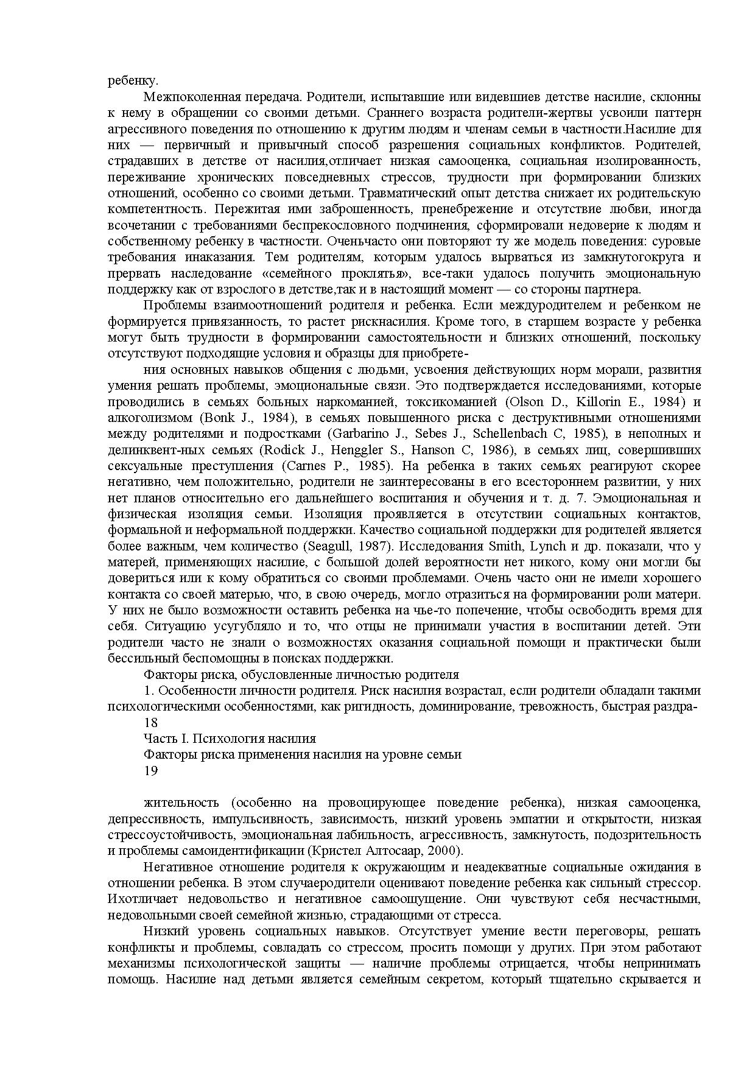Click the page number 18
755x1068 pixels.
[150, 723]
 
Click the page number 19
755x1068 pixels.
[150, 771]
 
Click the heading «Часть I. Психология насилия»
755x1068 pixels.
[230, 739]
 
